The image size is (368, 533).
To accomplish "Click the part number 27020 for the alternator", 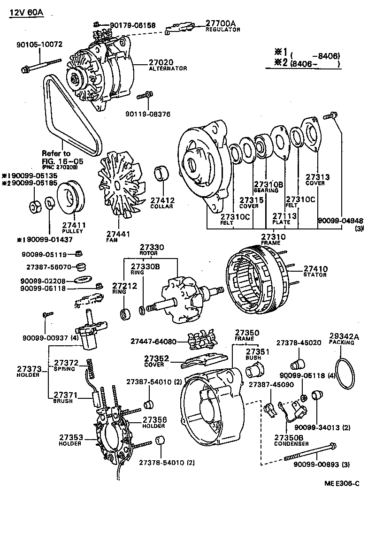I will pyautogui.click(x=161, y=62).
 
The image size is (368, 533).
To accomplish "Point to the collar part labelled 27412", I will pyautogui.click(x=163, y=173).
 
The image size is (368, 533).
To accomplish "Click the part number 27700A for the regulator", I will pyautogui.click(x=221, y=23).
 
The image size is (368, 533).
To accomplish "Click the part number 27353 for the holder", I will pyautogui.click(x=71, y=437).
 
